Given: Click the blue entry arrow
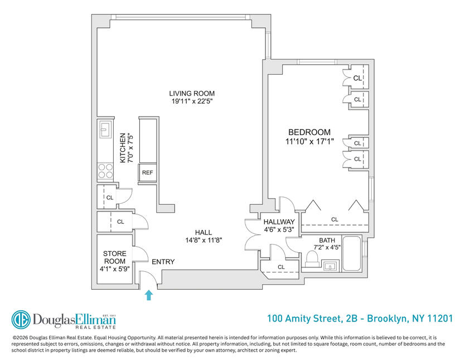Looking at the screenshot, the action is (149, 295).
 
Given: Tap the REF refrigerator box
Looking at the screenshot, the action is (147, 172).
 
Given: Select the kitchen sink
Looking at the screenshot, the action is (105, 129).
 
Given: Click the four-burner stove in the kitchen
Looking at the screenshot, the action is (105, 171).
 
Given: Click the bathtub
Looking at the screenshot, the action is (352, 253).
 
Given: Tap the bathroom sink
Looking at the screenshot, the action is (330, 266).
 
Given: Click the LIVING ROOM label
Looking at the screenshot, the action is (192, 93).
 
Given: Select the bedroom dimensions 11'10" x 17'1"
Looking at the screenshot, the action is (309, 142).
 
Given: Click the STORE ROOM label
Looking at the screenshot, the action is (114, 257).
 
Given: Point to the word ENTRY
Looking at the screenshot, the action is (163, 262).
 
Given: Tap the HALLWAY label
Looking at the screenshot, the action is (279, 222).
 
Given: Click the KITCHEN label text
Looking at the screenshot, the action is (123, 148).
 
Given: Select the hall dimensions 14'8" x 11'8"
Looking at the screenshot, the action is (204, 240).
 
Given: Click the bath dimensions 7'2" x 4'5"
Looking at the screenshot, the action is (327, 247).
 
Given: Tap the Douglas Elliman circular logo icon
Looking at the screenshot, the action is (21, 320).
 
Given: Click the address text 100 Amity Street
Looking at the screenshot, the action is (304, 319).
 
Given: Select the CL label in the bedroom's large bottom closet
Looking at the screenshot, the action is (335, 219).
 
